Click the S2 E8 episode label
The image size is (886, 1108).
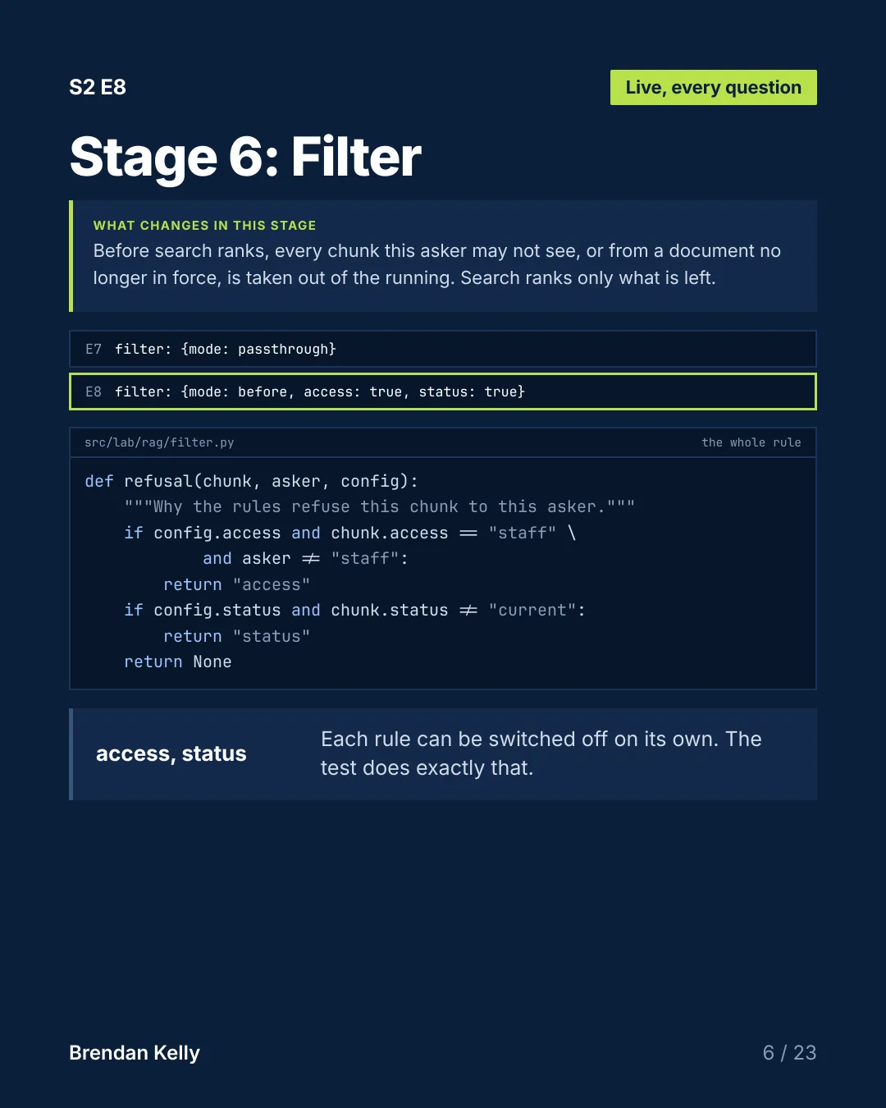[x=98, y=87]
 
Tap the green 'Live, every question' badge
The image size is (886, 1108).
[x=713, y=88]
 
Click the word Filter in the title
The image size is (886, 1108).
[x=356, y=157]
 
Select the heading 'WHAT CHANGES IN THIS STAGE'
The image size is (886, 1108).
[x=204, y=226]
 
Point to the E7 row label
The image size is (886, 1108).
[x=94, y=349]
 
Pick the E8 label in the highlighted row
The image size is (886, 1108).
[x=94, y=391]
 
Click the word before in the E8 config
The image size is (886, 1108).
[x=262, y=391]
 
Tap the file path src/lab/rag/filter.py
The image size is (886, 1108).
[x=159, y=442]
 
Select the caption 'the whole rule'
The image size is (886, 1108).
[x=751, y=442]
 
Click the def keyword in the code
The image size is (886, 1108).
[x=98, y=482]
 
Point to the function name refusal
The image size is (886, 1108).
[x=159, y=482]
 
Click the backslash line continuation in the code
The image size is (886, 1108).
[x=571, y=533]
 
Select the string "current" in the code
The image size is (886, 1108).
[x=532, y=610]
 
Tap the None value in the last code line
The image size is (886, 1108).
[x=212, y=662]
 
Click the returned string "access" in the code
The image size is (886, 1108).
[x=272, y=585]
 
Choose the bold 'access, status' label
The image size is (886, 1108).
[x=171, y=753]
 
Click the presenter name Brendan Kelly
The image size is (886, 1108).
[x=135, y=1053]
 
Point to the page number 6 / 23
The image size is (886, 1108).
[x=790, y=1053]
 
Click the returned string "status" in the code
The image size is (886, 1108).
[x=272, y=636]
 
